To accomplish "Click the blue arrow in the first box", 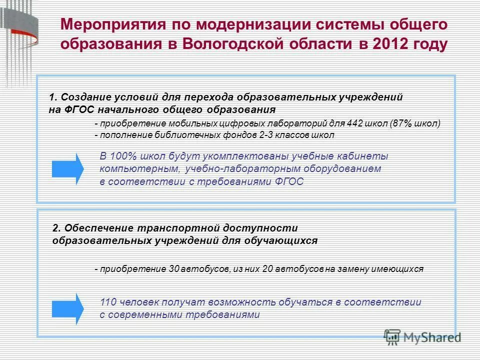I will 68,168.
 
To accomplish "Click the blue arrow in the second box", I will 68,308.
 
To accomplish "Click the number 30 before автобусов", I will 174,269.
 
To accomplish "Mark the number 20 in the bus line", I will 266,269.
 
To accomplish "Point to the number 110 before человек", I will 108,302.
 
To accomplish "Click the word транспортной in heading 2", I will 176,228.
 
